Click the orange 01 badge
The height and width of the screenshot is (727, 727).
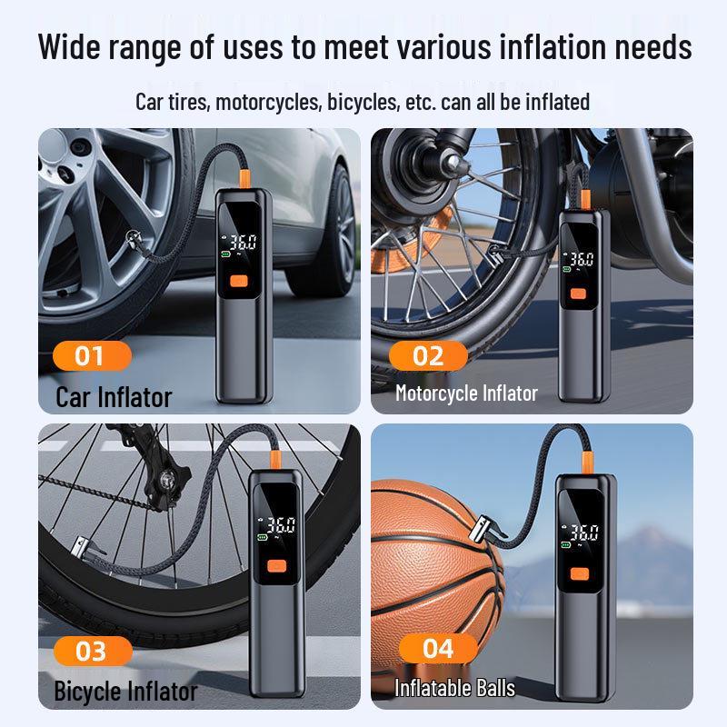tap(89, 354)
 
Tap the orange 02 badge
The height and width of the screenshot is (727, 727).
tap(427, 354)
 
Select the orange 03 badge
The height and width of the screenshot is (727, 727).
tap(90, 650)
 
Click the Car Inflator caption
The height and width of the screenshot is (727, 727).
tap(114, 396)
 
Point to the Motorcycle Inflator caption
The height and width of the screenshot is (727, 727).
tap(466, 393)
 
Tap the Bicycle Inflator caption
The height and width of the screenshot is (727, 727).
tap(125, 691)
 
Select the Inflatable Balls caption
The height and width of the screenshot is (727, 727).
tap(454, 688)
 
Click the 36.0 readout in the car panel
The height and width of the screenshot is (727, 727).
tap(243, 243)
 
